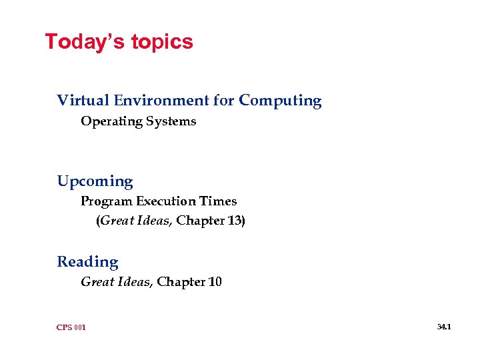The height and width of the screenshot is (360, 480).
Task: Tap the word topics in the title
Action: pyautogui.click(x=162, y=43)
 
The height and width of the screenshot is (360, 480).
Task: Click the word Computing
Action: pyautogui.click(x=280, y=101)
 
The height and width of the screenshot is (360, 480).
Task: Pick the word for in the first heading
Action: pyautogui.click(x=223, y=101)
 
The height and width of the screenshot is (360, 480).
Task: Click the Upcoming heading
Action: pyautogui.click(x=95, y=182)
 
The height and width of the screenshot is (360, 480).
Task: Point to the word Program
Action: pyautogui.click(x=107, y=201)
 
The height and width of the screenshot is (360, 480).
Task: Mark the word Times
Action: pyautogui.click(x=219, y=201)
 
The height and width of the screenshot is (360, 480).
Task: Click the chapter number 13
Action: pyautogui.click(x=234, y=221)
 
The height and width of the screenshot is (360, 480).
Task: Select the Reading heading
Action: pyautogui.click(x=87, y=262)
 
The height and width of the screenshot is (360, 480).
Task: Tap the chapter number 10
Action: pyautogui.click(x=215, y=282)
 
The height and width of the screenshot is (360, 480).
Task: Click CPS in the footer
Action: pyautogui.click(x=65, y=327)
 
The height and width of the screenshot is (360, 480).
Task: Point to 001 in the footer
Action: pyautogui.click(x=80, y=327)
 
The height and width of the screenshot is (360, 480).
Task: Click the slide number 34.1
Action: pyautogui.click(x=444, y=327)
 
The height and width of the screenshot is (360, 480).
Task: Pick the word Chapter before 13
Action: pyautogui.click(x=199, y=221)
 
